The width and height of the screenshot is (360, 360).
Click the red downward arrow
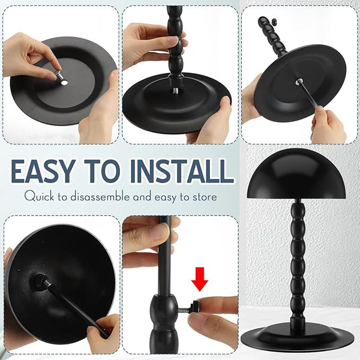pyautogui.click(x=200, y=279)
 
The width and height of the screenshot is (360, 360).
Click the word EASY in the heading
pyautogui.click(x=43, y=171)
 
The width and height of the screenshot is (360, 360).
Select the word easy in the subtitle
pyautogui.click(x=165, y=197)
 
